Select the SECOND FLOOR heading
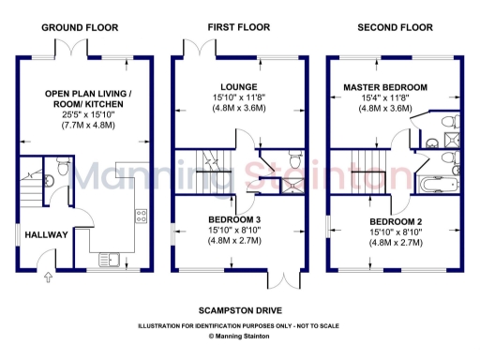tap(394, 29)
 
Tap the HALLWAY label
tap(44, 234)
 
